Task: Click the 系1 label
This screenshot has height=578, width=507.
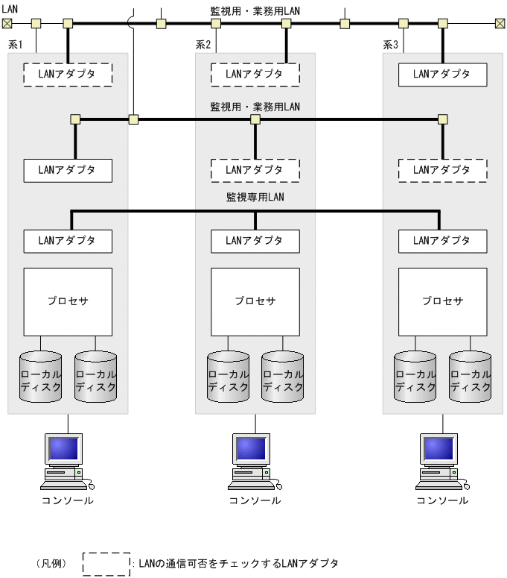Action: (16, 45)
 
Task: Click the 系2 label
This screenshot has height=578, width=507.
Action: (203, 45)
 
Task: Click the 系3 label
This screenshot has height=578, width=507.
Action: (391, 45)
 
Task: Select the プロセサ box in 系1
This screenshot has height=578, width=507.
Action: (68, 301)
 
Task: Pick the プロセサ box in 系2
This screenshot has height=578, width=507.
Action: (255, 301)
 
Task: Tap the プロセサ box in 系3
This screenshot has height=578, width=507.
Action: (443, 301)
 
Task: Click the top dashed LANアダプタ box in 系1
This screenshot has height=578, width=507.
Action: (68, 74)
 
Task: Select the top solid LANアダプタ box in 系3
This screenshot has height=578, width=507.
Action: (443, 74)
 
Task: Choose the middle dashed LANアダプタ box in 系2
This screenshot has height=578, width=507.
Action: (255, 169)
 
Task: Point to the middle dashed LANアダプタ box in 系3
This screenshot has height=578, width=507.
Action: (443, 169)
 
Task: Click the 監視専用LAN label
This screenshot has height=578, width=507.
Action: (255, 198)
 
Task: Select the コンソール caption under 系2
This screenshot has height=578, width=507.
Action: (255, 500)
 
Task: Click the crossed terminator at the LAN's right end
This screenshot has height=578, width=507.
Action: (500, 23)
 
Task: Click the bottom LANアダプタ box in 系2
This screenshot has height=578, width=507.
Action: (255, 240)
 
